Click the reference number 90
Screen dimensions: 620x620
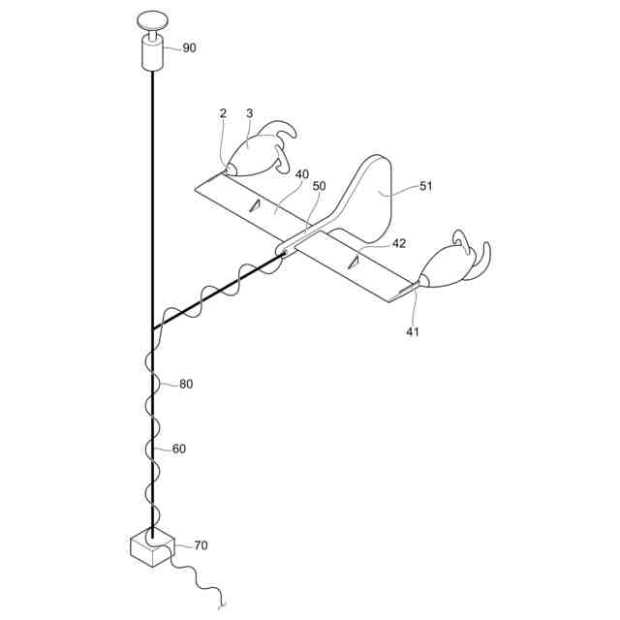pos(189,47)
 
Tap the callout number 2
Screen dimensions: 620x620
pos(223,113)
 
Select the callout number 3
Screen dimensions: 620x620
pos(249,113)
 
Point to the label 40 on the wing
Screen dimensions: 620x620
pos(302,174)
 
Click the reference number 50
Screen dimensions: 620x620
pos(319,185)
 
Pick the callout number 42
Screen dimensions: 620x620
pos(399,244)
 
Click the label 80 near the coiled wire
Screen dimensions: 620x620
pos(186,384)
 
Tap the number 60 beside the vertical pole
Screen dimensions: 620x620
pos(179,449)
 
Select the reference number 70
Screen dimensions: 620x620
pos(201,545)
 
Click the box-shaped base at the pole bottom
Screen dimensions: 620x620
pos(150,549)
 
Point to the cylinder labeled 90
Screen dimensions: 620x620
pos(152,52)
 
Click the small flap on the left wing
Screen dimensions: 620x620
pos(255,204)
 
